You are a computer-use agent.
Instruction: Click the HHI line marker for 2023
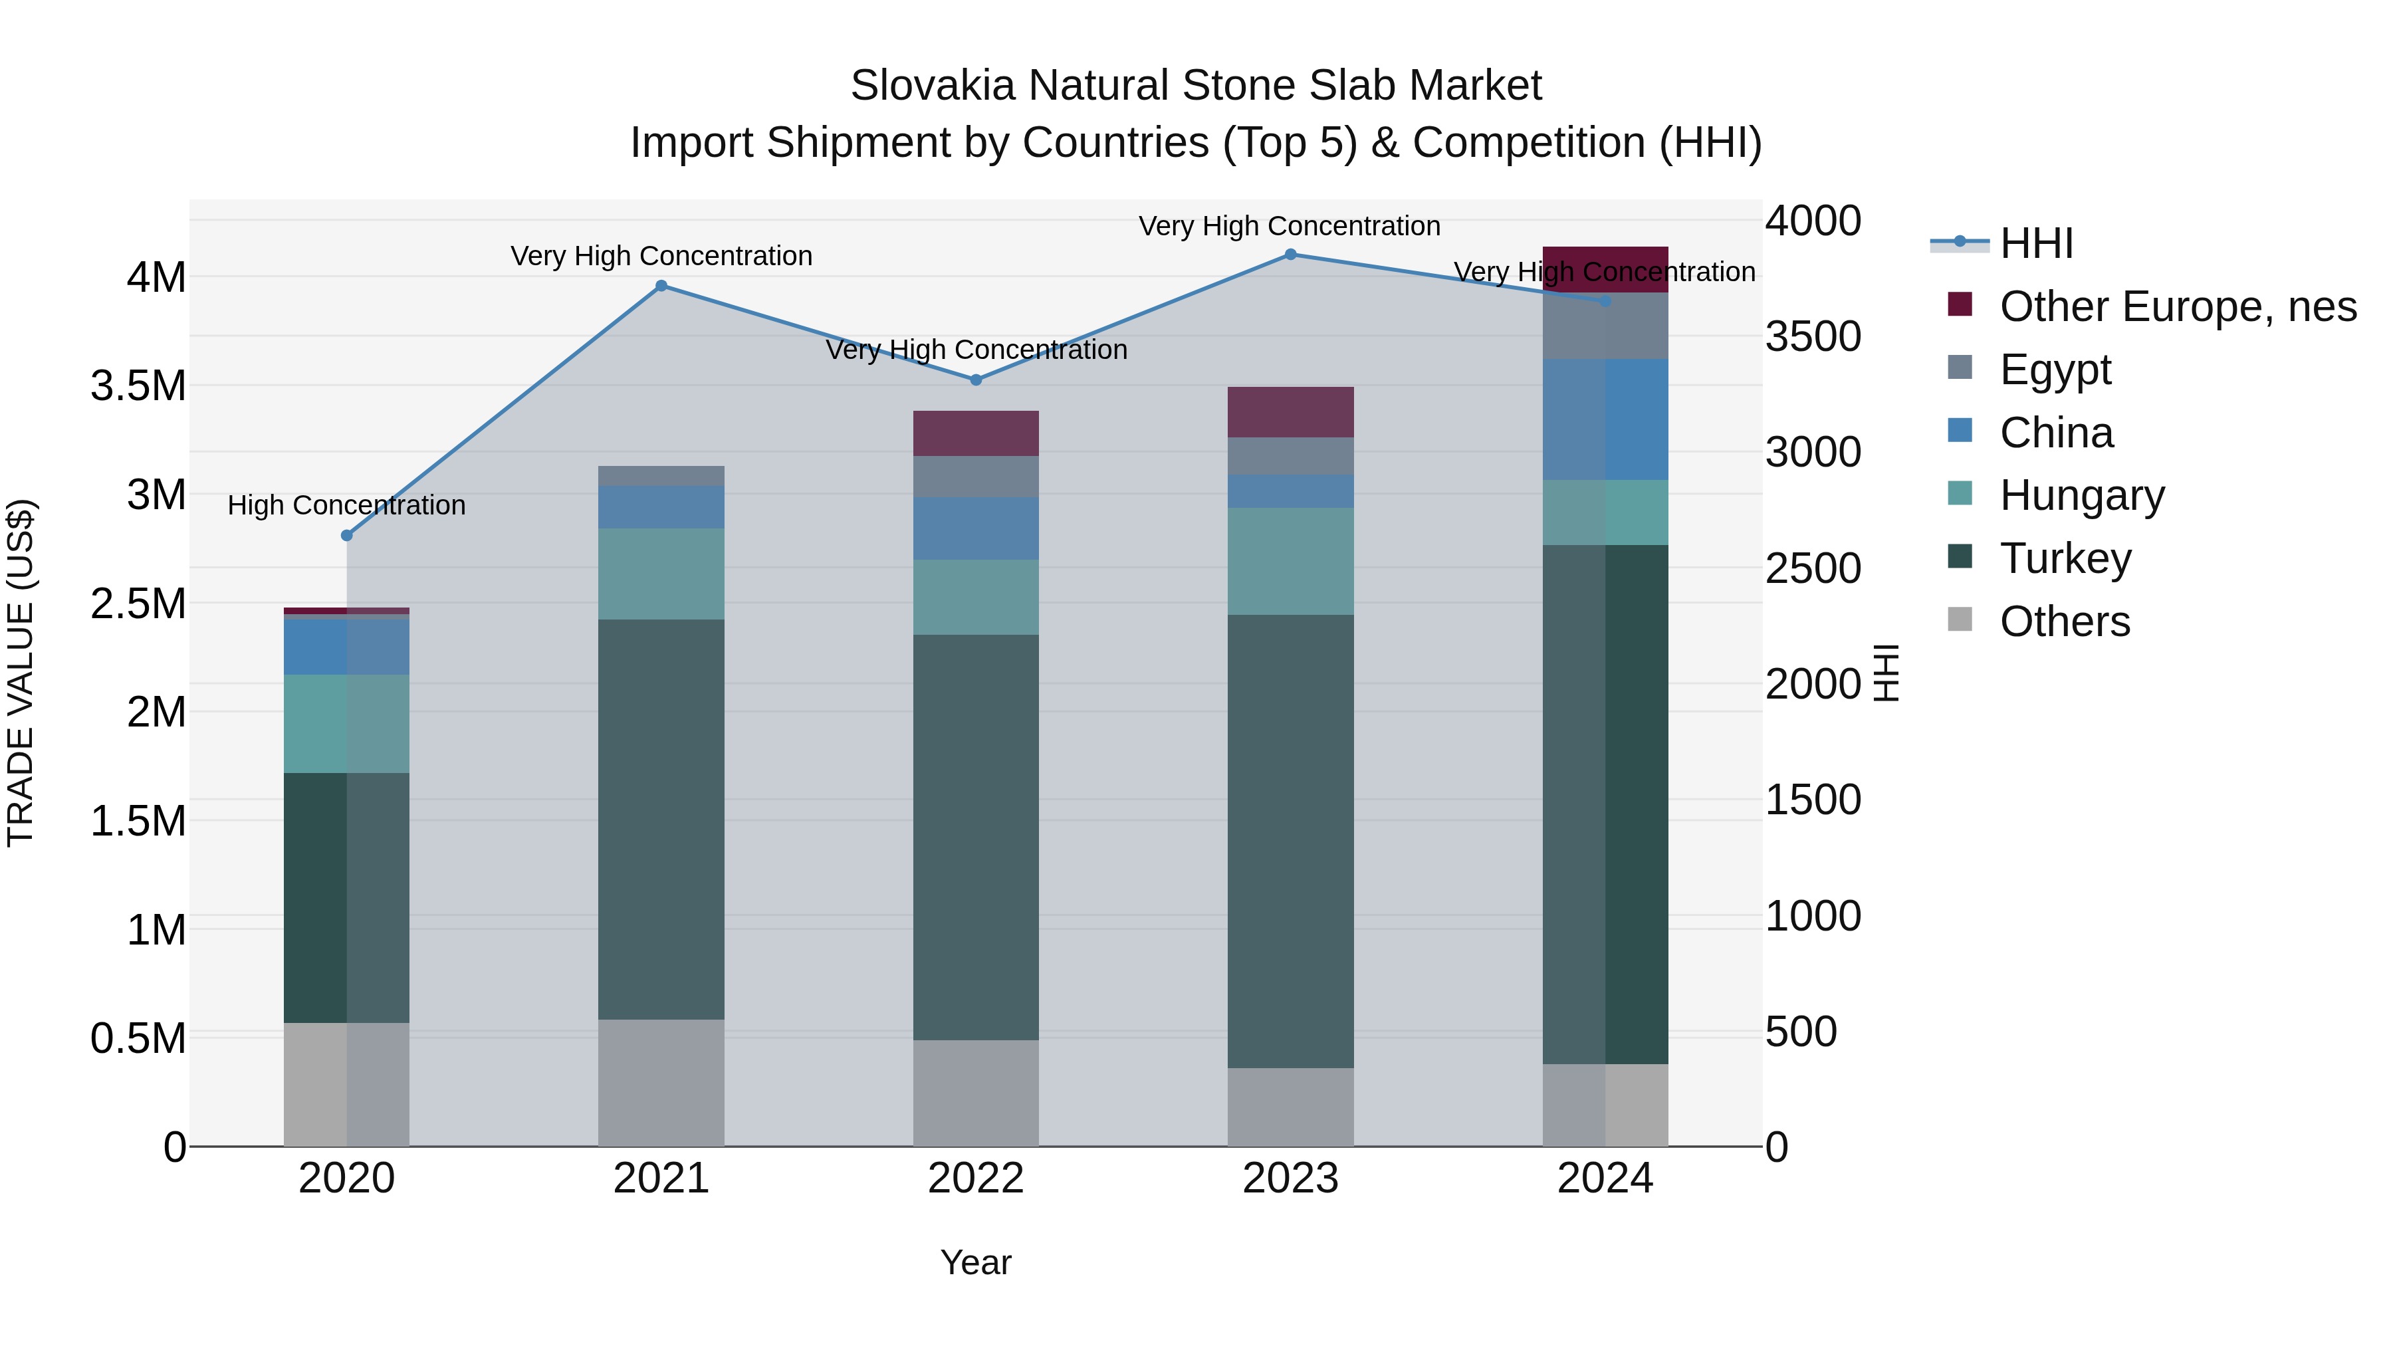pos(1290,255)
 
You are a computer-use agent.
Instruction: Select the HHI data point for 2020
pos(346,536)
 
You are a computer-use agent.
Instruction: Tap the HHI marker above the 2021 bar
pos(661,286)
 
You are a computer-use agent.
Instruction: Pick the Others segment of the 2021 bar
pos(661,1083)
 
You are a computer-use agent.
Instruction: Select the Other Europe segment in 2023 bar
pos(1290,412)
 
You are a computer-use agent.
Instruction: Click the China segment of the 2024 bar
pos(1605,420)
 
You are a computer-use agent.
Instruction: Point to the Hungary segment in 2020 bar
pos(346,724)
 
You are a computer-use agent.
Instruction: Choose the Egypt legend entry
pos(2055,370)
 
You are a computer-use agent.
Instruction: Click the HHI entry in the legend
pos(2035,243)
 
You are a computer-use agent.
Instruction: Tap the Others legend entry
pos(2064,621)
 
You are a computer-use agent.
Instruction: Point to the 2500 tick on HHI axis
pos(1813,568)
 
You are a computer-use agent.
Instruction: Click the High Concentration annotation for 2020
pos(346,505)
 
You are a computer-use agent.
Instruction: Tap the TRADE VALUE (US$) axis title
pos(21,673)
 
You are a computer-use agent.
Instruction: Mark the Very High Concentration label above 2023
pos(1290,226)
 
